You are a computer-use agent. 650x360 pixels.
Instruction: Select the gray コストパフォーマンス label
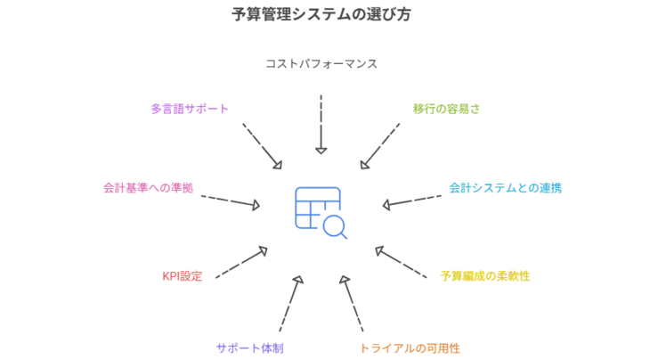(321, 64)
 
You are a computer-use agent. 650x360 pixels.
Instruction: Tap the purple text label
(189, 109)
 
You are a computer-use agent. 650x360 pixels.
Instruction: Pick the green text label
(447, 109)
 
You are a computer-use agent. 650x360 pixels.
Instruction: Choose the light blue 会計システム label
(505, 188)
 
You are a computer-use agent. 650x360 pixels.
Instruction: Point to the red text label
(182, 276)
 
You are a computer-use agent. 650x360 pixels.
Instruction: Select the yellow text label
(485, 276)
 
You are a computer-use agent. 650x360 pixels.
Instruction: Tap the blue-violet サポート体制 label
(250, 346)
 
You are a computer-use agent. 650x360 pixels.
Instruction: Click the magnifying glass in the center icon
(336, 228)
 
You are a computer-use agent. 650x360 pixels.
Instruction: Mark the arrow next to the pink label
(230, 201)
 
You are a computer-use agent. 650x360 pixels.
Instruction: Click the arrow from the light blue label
(411, 200)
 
